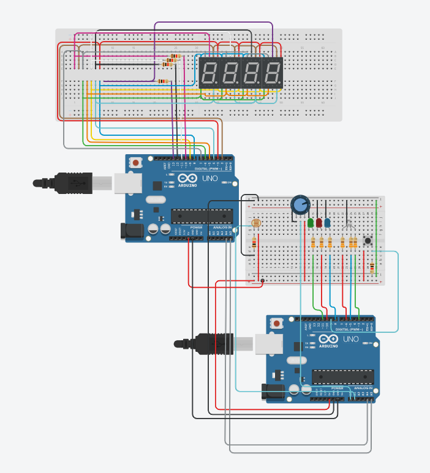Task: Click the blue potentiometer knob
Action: coord(300,204)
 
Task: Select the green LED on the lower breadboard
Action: coord(311,222)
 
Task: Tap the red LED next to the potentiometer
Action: coord(319,222)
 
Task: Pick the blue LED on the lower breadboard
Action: coord(328,222)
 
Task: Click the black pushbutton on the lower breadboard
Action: coord(368,241)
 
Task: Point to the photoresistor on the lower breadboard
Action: coord(255,225)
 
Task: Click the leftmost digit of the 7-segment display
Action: coord(209,73)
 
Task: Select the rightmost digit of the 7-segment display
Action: coord(273,73)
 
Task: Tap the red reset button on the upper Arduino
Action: coord(135,163)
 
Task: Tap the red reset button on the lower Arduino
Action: coord(277,323)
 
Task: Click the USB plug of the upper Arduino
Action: coord(67,182)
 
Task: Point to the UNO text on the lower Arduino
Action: coord(351,338)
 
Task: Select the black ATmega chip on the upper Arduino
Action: coord(202,214)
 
